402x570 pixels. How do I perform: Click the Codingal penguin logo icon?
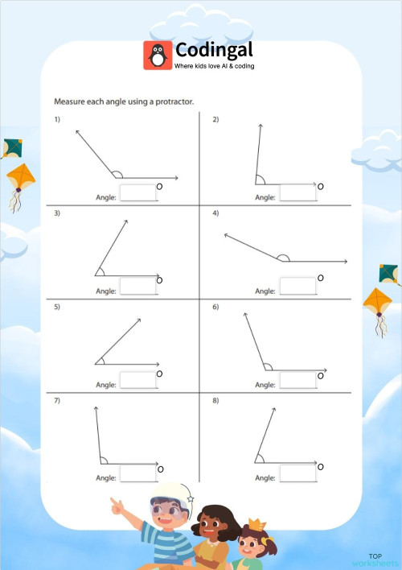click(x=158, y=55)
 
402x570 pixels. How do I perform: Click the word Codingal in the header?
click(x=214, y=49)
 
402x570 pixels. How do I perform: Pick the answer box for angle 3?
click(x=137, y=287)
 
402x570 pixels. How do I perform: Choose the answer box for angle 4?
click(x=297, y=287)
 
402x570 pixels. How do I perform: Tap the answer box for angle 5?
click(x=137, y=381)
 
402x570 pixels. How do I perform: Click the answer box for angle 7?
click(x=137, y=475)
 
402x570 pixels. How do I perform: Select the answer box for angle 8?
click(x=297, y=475)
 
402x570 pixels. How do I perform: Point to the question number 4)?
click(x=215, y=213)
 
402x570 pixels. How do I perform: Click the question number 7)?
click(x=57, y=400)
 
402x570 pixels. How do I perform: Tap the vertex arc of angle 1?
click(x=117, y=174)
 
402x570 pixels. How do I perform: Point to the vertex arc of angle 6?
click(x=268, y=367)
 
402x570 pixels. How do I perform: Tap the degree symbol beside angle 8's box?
click(x=320, y=467)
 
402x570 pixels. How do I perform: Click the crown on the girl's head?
click(x=256, y=526)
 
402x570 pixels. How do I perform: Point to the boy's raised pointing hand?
click(x=118, y=506)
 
